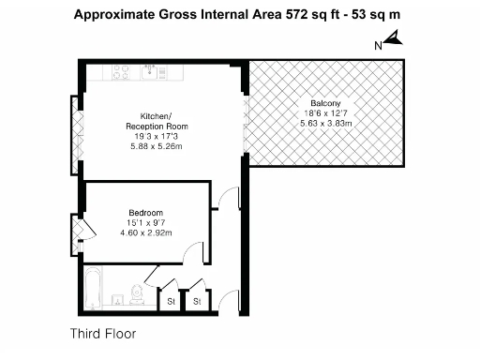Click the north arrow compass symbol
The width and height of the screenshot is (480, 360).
tap(393, 39)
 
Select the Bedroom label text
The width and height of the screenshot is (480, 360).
tap(145, 212)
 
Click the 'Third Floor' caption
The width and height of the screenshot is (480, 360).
tap(102, 333)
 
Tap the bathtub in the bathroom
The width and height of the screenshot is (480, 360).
tap(92, 290)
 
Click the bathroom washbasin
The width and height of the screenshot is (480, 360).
tap(115, 300)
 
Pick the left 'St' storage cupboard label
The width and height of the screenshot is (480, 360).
tap(172, 303)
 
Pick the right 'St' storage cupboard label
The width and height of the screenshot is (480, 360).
tap(197, 303)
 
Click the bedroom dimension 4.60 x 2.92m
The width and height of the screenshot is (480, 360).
tap(145, 232)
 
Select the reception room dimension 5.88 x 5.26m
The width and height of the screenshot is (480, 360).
tap(158, 145)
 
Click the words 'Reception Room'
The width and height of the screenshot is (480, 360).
tap(157, 126)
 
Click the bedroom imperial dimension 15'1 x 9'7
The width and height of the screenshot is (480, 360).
tap(145, 222)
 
